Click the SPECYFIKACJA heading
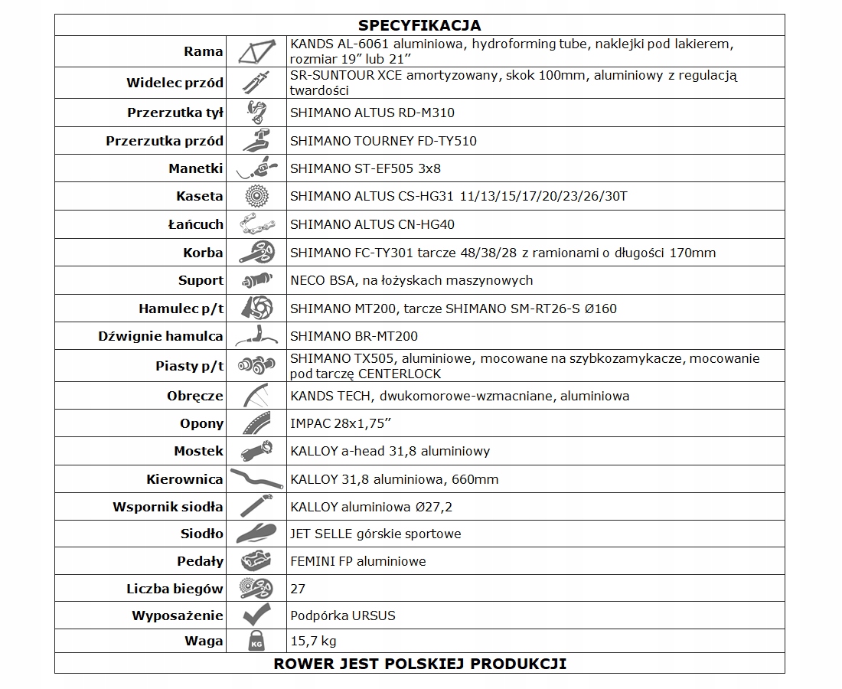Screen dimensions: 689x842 (419, 26)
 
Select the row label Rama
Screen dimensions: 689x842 (204, 52)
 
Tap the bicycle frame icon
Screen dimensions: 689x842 (256, 52)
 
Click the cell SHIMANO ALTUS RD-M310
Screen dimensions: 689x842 (372, 113)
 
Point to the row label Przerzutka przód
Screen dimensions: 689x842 (165, 141)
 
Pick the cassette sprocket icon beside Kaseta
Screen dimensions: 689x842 (256, 196)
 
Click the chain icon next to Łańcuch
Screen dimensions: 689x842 (256, 224)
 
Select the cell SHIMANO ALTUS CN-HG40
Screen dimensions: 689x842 (372, 224)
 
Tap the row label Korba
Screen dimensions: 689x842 (203, 252)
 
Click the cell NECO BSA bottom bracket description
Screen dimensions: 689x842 (411, 280)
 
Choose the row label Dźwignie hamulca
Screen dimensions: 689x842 (161, 336)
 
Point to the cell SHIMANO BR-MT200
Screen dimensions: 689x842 (354, 336)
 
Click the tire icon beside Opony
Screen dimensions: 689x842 (256, 423)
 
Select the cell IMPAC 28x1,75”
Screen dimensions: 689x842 (341, 423)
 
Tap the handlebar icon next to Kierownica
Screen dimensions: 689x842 (256, 479)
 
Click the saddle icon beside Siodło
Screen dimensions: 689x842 (256, 534)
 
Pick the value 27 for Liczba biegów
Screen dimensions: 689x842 (298, 589)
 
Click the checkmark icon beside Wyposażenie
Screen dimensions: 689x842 (256, 616)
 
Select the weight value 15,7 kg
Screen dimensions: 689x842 (313, 641)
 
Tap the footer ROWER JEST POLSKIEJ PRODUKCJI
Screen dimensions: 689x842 (419, 663)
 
